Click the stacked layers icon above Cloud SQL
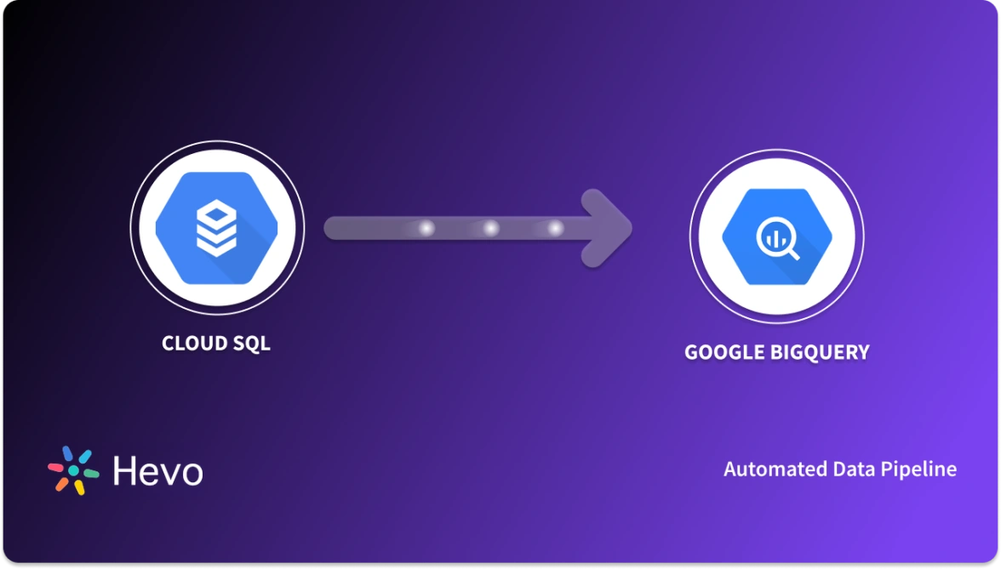(217, 227)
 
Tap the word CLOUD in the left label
(192, 344)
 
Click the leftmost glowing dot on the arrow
(427, 228)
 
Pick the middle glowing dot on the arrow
(491, 228)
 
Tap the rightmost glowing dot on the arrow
(555, 228)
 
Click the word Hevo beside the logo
(157, 471)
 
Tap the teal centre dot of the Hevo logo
(73, 470)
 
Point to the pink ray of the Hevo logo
(55, 467)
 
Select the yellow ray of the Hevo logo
(79, 487)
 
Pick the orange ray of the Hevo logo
(61, 484)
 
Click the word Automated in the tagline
(763, 469)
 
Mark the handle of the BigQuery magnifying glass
(792, 253)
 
